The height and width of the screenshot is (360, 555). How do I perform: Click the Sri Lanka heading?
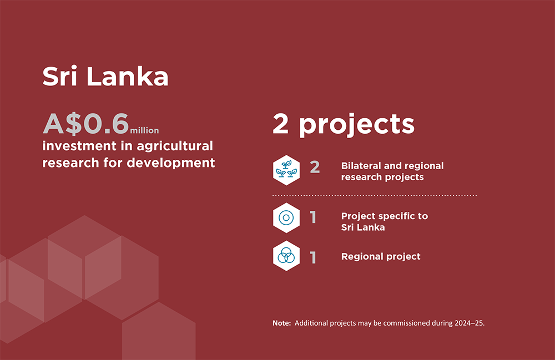pyautogui.click(x=105, y=76)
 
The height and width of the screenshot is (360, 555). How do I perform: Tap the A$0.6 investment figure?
pyautogui.click(x=85, y=124)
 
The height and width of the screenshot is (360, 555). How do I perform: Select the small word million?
pyautogui.click(x=144, y=130)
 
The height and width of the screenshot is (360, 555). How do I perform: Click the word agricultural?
pyautogui.click(x=175, y=146)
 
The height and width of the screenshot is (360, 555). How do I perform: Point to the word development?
pyautogui.click(x=170, y=163)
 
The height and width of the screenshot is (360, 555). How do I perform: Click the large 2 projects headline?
pyautogui.click(x=344, y=124)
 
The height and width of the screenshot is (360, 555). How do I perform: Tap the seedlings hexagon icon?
pyautogui.click(x=286, y=170)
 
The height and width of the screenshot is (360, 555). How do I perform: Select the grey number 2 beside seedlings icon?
pyautogui.click(x=315, y=167)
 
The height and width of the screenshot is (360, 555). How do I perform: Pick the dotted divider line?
pyautogui.click(x=375, y=195)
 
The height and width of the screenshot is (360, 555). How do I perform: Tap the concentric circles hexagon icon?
pyautogui.click(x=286, y=218)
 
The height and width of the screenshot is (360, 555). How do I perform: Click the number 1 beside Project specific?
pyautogui.click(x=313, y=217)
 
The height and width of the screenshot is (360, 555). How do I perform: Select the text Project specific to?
pyautogui.click(x=385, y=216)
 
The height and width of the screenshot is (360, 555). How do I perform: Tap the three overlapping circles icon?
pyautogui.click(x=286, y=256)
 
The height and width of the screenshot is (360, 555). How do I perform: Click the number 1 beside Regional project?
pyautogui.click(x=313, y=257)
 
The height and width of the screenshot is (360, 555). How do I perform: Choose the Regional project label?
pyautogui.click(x=381, y=256)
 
